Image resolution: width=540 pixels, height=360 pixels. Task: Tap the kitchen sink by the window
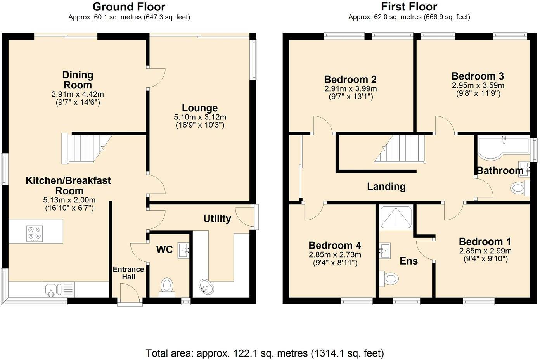[x=52, y=289]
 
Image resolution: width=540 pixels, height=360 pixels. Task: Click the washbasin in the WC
[x=183, y=250]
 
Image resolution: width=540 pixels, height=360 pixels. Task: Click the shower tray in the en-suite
[x=396, y=217]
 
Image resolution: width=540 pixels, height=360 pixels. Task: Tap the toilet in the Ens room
[x=389, y=278]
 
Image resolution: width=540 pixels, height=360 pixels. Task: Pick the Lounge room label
[x=200, y=108]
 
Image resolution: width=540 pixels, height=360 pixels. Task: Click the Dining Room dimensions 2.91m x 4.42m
[x=78, y=94]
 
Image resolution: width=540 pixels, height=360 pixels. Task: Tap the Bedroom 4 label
[x=335, y=246]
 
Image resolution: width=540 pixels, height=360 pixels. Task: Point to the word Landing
[x=386, y=187]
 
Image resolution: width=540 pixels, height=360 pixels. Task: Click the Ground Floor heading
[x=129, y=7]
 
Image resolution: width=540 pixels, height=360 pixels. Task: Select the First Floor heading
[x=409, y=7]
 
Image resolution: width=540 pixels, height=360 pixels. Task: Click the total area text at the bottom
[x=265, y=353]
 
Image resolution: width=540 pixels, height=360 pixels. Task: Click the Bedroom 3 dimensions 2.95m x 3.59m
[x=478, y=85]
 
